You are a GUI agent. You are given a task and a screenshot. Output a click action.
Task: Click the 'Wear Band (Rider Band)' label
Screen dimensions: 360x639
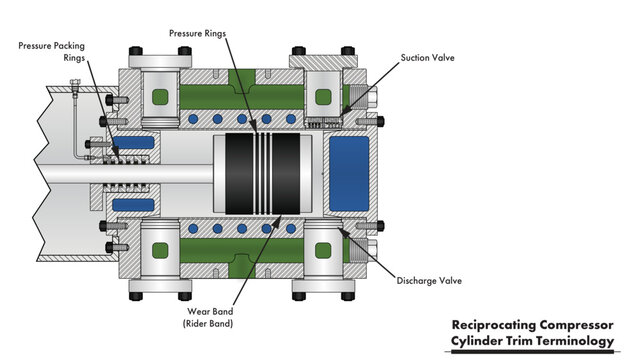pyautogui.click(x=210, y=316)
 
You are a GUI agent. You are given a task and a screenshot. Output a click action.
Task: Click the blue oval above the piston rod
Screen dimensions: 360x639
pyautogui.click(x=134, y=142)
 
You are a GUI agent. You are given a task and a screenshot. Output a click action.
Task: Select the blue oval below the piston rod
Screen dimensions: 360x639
pyautogui.click(x=134, y=206)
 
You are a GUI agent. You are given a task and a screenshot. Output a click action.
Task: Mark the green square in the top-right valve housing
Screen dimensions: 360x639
pyautogui.click(x=323, y=97)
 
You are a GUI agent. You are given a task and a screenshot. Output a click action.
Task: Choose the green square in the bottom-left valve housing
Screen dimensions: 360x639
pyautogui.click(x=161, y=250)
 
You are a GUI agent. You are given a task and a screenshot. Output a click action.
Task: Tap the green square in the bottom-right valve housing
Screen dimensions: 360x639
pyautogui.click(x=323, y=250)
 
